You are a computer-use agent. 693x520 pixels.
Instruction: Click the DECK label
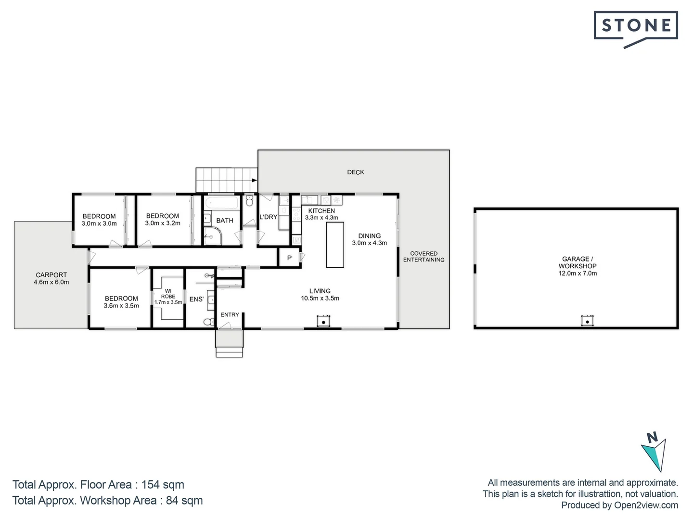point(356,172)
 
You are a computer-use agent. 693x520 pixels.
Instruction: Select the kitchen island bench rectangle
point(335,245)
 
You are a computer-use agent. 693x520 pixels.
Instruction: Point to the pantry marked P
point(289,258)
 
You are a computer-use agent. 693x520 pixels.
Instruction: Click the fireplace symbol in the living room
point(324,321)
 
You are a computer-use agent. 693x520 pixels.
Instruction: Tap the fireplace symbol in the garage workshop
point(587,321)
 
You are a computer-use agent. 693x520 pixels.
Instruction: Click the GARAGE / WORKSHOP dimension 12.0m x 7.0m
point(577,273)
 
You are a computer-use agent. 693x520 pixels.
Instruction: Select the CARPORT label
point(51,275)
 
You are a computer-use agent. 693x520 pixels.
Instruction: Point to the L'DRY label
point(268,217)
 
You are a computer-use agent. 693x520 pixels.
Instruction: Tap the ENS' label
point(196,299)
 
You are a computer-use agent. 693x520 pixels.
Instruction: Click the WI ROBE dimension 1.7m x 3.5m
point(168,302)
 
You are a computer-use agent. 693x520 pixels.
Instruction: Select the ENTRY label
point(230,315)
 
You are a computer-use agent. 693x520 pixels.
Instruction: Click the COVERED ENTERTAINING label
point(423,257)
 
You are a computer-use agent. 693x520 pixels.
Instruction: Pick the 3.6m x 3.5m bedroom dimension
point(121,306)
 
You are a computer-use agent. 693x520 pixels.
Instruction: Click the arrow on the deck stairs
point(254,180)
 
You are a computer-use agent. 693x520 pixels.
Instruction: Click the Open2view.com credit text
point(646,505)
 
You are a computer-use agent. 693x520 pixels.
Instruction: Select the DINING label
point(369,236)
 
